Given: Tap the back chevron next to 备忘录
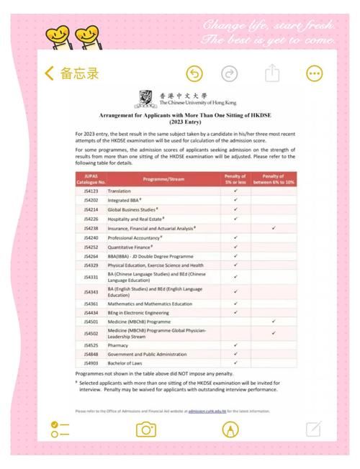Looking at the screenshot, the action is click(x=49, y=73).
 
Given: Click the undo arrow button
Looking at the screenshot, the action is click(x=194, y=73).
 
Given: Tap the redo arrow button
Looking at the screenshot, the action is click(x=230, y=73).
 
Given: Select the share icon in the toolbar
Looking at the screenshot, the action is click(x=272, y=73).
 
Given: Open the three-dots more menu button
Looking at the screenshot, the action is click(x=315, y=73).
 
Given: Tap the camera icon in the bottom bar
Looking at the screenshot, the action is click(x=147, y=429).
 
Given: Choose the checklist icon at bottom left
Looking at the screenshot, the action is click(x=60, y=429).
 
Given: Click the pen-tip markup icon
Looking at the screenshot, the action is click(x=230, y=429).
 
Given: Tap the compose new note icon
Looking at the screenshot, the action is click(x=313, y=429).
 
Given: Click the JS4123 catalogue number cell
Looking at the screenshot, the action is click(x=91, y=191).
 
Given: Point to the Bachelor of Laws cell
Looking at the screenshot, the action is click(x=126, y=364).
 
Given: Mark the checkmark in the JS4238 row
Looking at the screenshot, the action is click(x=274, y=228).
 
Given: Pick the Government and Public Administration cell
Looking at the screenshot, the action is click(x=148, y=355).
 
